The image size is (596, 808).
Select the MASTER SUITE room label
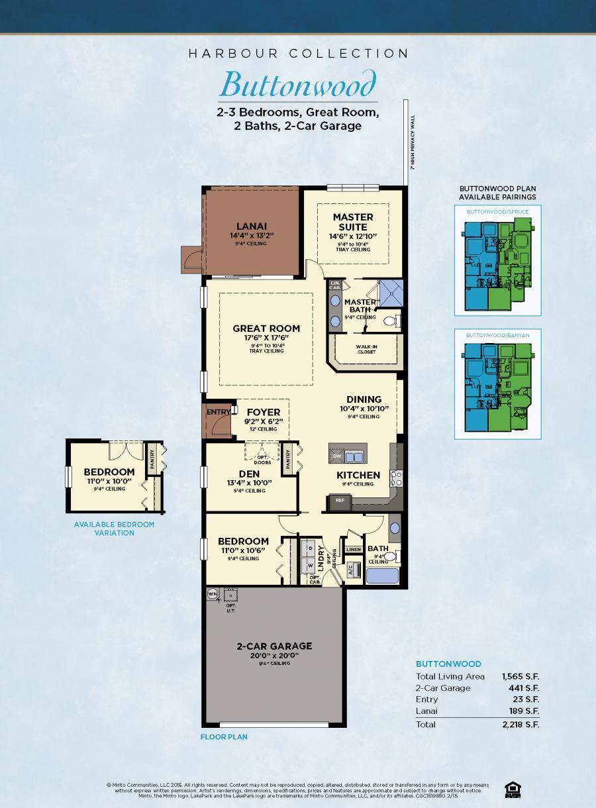pos(353,221)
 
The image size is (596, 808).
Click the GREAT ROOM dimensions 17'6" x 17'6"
pos(266,338)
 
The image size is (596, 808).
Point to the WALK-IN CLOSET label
pos(366,348)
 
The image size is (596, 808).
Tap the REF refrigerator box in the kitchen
pos(340,501)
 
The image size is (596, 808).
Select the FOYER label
pos(264,412)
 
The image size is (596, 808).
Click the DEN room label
pos(249,474)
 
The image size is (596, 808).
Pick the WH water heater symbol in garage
pos(213,593)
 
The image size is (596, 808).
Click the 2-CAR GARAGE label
pos(274,646)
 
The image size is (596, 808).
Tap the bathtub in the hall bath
pos(382,575)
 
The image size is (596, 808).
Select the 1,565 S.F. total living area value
pos(521,676)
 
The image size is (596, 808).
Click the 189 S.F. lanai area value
pos(524,711)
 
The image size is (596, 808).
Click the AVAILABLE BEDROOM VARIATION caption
pos(114,528)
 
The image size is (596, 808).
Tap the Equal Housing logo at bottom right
pos(511,788)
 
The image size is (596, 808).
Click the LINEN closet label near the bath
pos(354,549)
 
